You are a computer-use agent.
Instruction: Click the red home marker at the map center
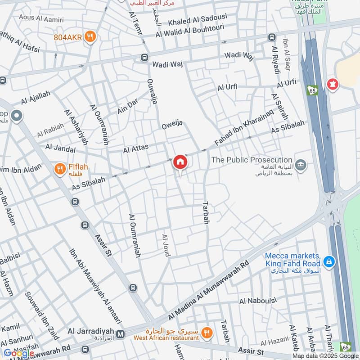[x=180, y=162]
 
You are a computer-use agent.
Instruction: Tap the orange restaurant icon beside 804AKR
[x=90, y=37]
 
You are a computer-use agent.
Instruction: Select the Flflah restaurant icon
[x=59, y=169]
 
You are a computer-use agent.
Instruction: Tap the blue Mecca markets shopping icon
[x=329, y=261]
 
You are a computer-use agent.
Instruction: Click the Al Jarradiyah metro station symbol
[x=120, y=334]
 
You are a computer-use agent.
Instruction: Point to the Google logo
[x=19, y=353]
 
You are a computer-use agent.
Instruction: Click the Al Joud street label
[x=166, y=245]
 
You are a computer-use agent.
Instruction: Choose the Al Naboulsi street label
[x=255, y=301]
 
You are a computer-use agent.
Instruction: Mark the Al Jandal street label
[x=60, y=147]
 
